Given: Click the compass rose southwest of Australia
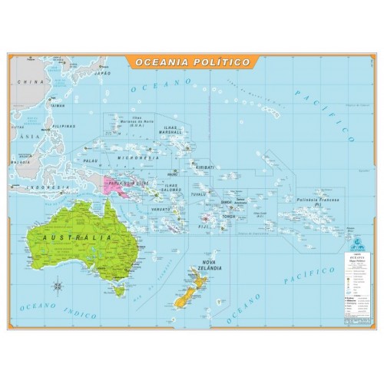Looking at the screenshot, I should click(x=60, y=289).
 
